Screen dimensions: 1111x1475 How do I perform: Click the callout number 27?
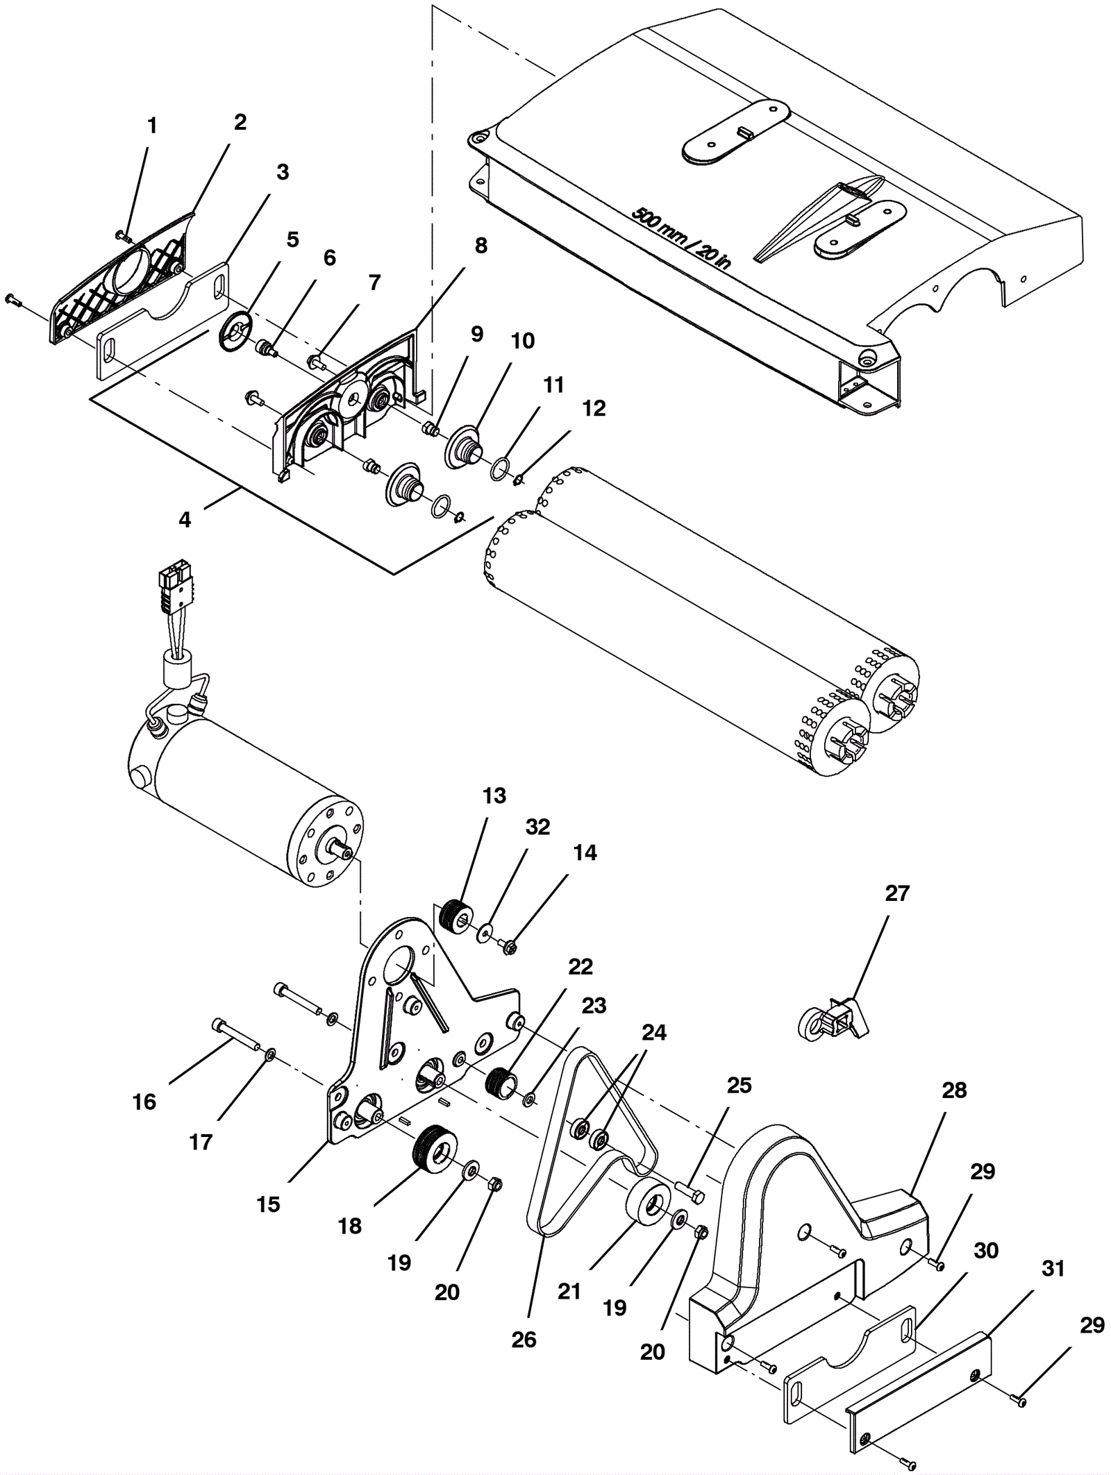click(897, 893)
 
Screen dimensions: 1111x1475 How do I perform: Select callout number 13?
click(494, 795)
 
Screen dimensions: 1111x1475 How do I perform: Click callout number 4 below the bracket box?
click(185, 519)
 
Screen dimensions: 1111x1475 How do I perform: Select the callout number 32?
click(537, 827)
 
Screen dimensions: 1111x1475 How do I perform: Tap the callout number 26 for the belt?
click(524, 1339)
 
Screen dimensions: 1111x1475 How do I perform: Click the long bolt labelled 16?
click(234, 1037)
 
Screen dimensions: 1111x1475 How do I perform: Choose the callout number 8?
click(481, 246)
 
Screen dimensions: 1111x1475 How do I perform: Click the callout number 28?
click(954, 1090)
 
